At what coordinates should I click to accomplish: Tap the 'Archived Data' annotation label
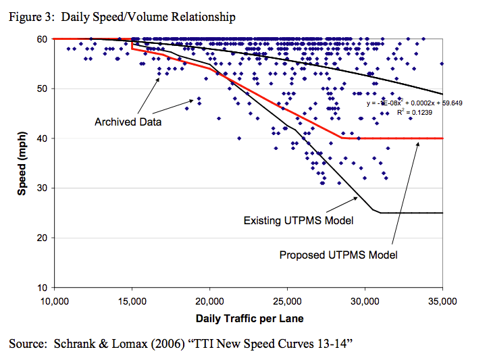point(124,122)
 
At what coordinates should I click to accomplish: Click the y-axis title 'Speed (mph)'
point(22,163)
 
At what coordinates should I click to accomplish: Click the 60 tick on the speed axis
point(41,39)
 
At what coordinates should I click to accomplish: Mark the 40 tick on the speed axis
point(41,138)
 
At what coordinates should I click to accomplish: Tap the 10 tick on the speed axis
point(41,288)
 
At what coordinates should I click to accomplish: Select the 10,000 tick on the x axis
point(54,301)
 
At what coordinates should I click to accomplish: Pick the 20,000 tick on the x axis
point(209,301)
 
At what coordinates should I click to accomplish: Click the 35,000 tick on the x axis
point(442,301)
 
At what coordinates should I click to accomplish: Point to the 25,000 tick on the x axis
point(287,301)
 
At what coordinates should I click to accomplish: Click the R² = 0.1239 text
point(414,112)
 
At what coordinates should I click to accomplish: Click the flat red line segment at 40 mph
point(398,138)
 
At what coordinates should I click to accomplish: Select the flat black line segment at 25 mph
point(412,213)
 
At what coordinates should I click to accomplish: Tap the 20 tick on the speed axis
point(41,238)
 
